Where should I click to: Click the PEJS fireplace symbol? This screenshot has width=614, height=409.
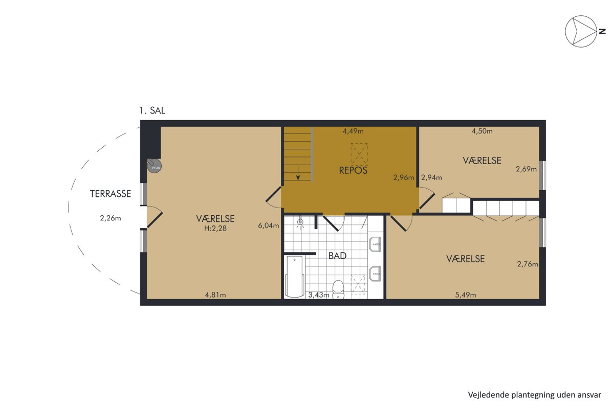click(155, 166)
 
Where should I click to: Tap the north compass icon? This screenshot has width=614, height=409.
click(581, 32)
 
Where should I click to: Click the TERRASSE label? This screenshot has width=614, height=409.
click(111, 194)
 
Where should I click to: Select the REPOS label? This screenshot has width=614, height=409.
click(353, 170)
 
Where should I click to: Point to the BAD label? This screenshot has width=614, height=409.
click(337, 256)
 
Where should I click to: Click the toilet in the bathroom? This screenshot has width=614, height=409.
click(338, 289)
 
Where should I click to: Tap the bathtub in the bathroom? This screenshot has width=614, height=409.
click(294, 277)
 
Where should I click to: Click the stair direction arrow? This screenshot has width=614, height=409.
click(298, 173)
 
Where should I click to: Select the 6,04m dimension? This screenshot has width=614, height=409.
click(268, 226)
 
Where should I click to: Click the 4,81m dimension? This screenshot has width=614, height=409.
click(215, 295)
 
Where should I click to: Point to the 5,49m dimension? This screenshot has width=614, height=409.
click(466, 295)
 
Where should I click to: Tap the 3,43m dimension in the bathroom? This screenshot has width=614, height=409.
click(318, 295)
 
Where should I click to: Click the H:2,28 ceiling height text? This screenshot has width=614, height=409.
click(215, 228)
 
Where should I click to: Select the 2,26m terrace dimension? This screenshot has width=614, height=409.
click(111, 218)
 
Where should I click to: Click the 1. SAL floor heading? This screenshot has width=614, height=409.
click(152, 110)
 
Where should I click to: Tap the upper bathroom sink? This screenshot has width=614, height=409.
click(375, 244)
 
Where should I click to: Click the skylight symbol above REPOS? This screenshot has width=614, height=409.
click(359, 154)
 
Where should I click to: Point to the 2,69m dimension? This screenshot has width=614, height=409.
click(527, 169)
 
